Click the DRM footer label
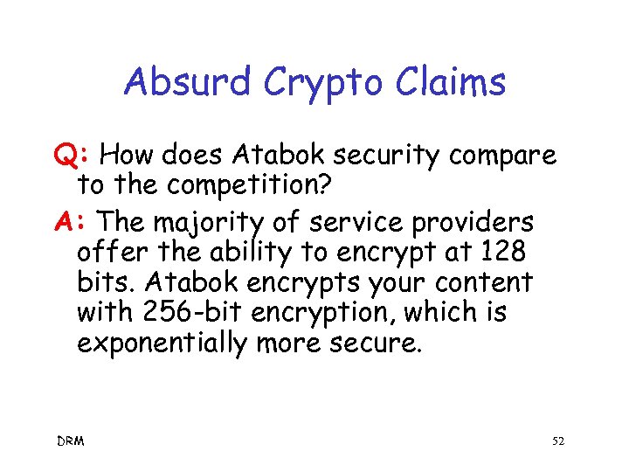point(71,441)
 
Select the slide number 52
point(558,441)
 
